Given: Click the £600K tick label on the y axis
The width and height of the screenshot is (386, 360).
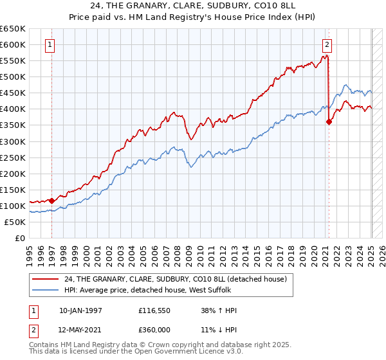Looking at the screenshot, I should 13,45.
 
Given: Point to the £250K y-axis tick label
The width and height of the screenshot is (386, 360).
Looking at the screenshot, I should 13,157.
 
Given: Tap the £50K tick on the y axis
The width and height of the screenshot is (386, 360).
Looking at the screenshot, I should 15,222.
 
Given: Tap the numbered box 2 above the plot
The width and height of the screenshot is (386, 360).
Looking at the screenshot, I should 327,45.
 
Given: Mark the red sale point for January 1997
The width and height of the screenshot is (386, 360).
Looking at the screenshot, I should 52,200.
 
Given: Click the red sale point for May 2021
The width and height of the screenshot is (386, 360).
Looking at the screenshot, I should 329,122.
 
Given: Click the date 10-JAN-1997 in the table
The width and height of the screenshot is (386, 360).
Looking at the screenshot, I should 80,310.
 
